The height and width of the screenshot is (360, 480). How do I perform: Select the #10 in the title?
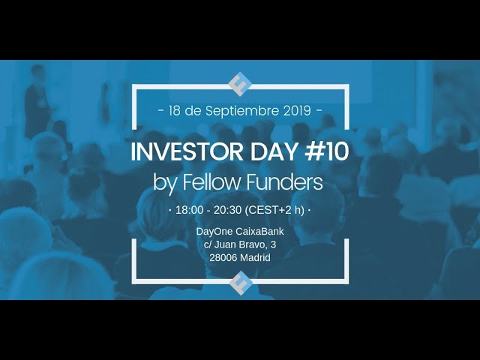click(325, 151)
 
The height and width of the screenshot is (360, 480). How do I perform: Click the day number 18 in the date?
click(177, 110)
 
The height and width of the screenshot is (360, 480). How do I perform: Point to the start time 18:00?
click(188, 210)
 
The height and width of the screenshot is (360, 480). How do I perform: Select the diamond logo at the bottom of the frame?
click(240, 283)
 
